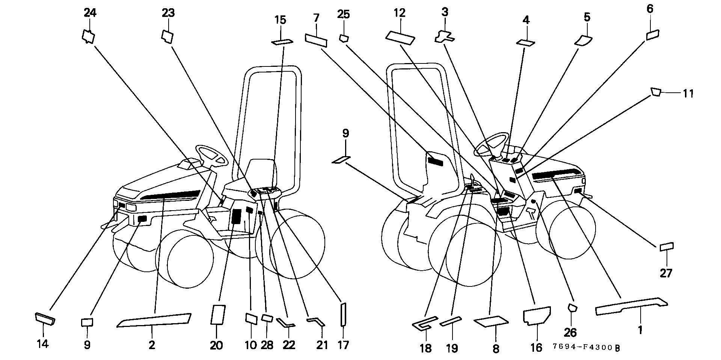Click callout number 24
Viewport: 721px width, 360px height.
(90, 13)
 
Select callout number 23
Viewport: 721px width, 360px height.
(168, 13)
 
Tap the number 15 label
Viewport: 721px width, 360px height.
(280, 20)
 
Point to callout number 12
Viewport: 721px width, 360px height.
(400, 13)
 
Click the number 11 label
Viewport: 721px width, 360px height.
(688, 93)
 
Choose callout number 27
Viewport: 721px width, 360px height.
(666, 273)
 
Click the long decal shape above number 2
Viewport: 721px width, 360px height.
(154, 320)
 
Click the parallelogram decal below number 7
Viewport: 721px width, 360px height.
(316, 40)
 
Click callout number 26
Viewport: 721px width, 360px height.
(570, 332)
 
